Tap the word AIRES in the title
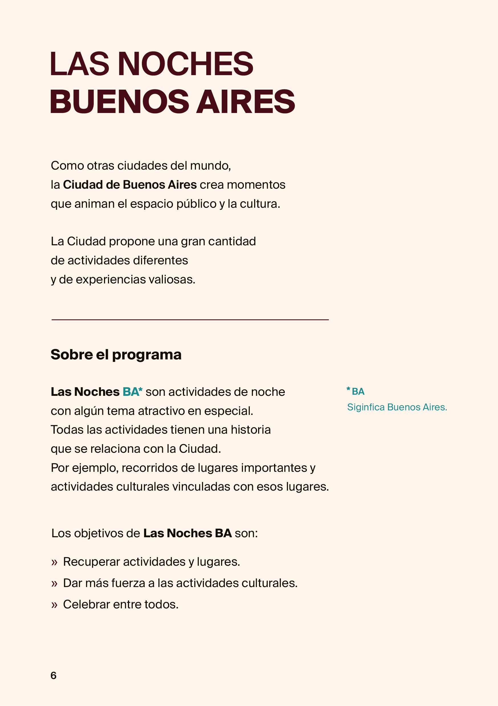pos(246,102)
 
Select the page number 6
pos(54,676)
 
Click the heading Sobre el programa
pos(116,355)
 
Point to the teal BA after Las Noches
pos(131,392)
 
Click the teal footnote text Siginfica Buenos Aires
pos(397,407)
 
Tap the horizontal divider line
pos(190,320)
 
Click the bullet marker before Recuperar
pos(54,562)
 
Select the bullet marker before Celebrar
pos(54,605)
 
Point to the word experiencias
pos(111,279)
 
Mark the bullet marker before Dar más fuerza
pos(54,583)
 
